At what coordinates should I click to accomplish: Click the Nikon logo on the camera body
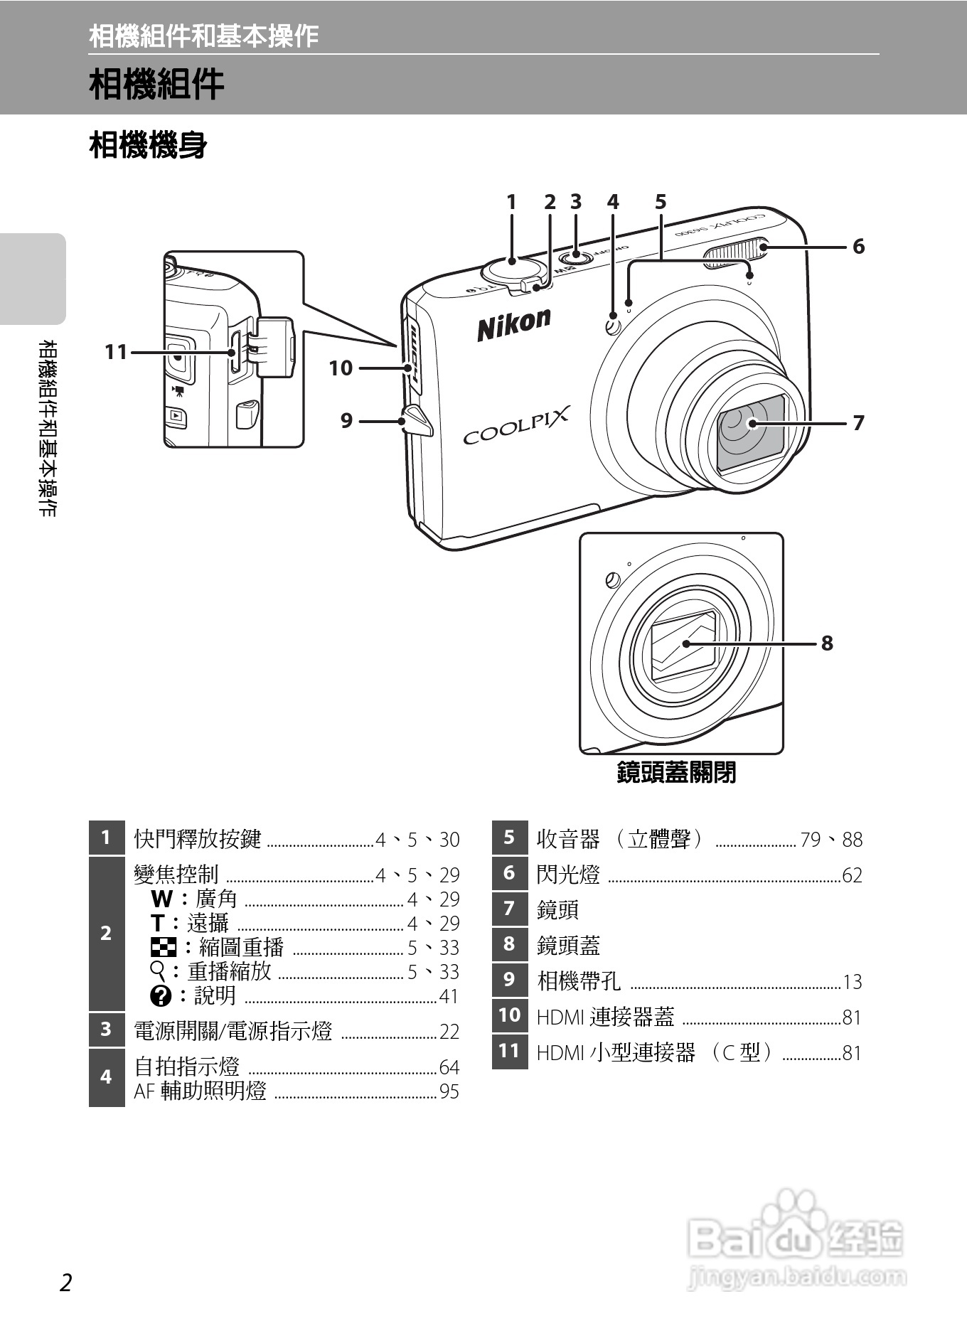click(513, 324)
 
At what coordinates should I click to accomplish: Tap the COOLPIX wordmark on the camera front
click(516, 425)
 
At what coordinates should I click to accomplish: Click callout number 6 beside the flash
click(858, 247)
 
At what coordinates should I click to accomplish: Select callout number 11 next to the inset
click(116, 352)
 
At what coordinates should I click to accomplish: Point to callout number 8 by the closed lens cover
click(826, 643)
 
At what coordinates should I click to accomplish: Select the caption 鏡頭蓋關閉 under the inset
click(676, 772)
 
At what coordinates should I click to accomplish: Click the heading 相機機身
click(148, 145)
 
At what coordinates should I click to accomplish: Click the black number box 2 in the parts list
click(106, 934)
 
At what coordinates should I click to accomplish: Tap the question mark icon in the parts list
click(161, 996)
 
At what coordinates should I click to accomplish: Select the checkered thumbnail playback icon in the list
click(164, 947)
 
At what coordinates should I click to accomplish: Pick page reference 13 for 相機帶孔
click(852, 983)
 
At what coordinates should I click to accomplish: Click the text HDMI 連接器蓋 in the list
click(605, 1017)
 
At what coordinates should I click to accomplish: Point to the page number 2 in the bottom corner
click(65, 1283)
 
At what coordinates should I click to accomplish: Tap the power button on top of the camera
click(576, 256)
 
